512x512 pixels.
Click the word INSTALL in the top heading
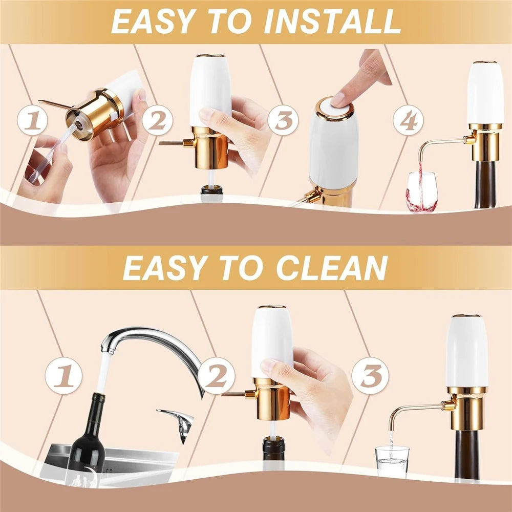pos(332,22)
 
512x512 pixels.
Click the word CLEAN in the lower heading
pos(332,268)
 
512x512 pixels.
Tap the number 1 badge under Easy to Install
pos(32,120)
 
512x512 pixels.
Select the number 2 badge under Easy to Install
pos(157,120)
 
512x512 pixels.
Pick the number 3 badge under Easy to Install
pos(283,120)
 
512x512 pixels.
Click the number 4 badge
pos(408,120)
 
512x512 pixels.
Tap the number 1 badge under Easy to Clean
pos(63,375)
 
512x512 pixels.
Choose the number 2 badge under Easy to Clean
pos(216,375)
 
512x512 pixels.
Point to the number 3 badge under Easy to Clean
pos(370,375)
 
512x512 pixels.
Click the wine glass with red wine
pos(421,192)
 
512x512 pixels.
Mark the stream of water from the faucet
pos(102,372)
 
